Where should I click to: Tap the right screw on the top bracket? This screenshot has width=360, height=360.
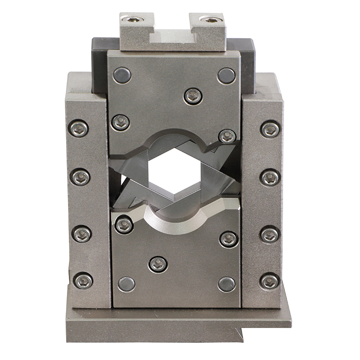click(x=211, y=19)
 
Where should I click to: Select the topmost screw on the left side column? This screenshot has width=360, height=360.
click(x=79, y=129)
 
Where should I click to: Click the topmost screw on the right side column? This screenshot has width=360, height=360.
click(x=270, y=129)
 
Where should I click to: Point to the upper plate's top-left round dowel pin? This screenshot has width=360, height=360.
click(x=122, y=75)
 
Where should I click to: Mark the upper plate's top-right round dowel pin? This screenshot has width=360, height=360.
click(x=226, y=76)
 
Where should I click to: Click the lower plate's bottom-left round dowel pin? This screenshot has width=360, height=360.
click(x=126, y=284)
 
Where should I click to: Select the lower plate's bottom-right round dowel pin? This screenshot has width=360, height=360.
click(x=226, y=284)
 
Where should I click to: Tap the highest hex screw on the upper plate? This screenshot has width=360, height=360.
click(x=193, y=96)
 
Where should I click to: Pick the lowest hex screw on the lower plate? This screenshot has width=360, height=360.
click(x=158, y=264)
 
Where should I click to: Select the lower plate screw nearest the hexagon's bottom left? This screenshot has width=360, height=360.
click(x=124, y=224)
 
